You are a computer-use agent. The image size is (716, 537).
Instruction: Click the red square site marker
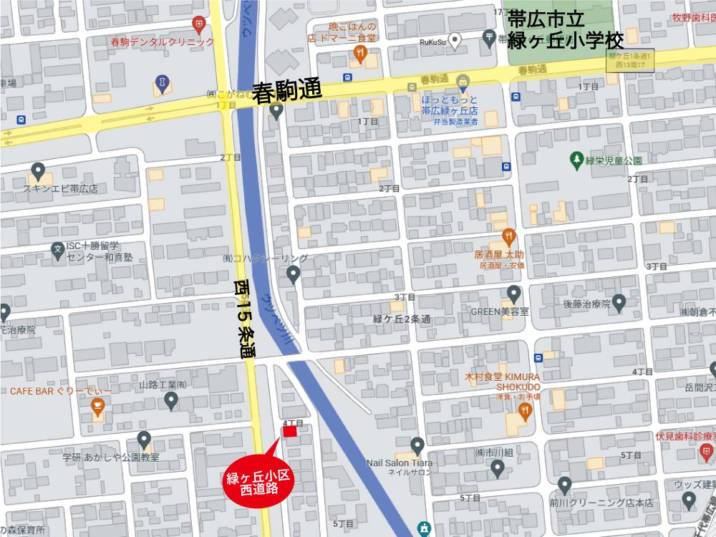point(291,432)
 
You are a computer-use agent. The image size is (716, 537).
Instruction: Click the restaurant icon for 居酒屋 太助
point(508,234)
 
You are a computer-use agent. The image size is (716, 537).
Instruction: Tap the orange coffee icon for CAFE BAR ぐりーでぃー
point(97,408)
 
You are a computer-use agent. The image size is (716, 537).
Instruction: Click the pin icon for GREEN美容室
point(513,294)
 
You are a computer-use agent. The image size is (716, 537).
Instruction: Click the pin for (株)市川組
point(498,469)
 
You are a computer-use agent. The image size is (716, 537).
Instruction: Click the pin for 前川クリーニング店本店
point(565,486)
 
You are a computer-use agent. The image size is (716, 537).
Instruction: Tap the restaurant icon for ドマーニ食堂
point(361,52)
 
